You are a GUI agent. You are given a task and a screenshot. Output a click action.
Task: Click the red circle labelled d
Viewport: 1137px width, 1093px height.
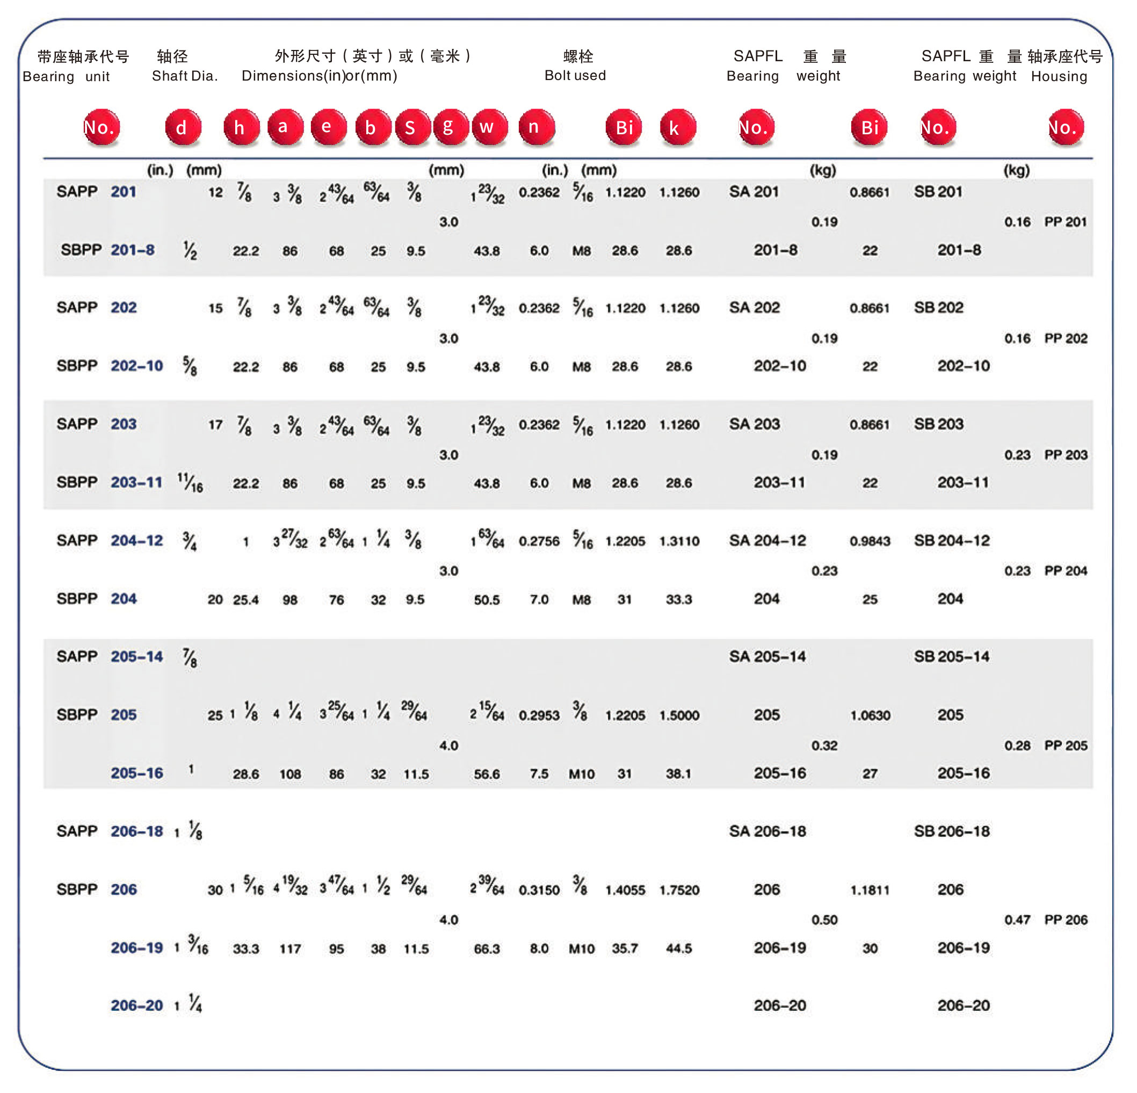(x=183, y=127)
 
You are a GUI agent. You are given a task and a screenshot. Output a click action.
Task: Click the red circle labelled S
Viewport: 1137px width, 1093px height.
(x=412, y=127)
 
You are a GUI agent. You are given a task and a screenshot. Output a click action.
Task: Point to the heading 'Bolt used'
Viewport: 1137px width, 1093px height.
(x=574, y=75)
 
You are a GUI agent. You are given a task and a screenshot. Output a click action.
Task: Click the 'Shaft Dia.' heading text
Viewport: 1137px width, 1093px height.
(x=184, y=76)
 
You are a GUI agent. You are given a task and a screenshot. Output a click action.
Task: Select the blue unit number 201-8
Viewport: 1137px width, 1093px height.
(x=132, y=250)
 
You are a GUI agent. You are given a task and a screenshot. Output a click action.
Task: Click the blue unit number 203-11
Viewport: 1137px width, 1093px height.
(x=136, y=482)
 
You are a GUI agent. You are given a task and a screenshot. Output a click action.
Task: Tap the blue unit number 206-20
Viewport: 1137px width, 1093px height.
(x=136, y=1005)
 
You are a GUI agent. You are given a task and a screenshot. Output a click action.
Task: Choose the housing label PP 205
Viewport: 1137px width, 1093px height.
(x=1065, y=745)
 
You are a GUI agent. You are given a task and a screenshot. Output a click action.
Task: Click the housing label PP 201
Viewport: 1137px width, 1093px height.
(x=1065, y=222)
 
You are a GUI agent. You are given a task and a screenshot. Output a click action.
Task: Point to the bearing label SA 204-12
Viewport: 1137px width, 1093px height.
(x=767, y=541)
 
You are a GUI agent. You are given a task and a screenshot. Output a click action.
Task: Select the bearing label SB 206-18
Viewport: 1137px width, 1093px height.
(x=951, y=831)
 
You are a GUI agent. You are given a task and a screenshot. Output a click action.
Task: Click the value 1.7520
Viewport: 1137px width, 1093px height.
(x=679, y=890)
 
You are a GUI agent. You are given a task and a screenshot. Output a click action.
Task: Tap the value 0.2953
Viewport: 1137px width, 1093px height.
(x=539, y=715)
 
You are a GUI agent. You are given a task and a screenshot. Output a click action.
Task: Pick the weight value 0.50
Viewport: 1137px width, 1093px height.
(x=824, y=920)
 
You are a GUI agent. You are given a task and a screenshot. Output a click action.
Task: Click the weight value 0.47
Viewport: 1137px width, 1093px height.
(x=1017, y=920)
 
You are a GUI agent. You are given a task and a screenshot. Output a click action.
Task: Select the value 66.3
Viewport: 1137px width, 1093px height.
(x=486, y=949)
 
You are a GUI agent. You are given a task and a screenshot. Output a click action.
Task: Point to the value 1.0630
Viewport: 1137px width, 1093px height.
(x=870, y=715)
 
